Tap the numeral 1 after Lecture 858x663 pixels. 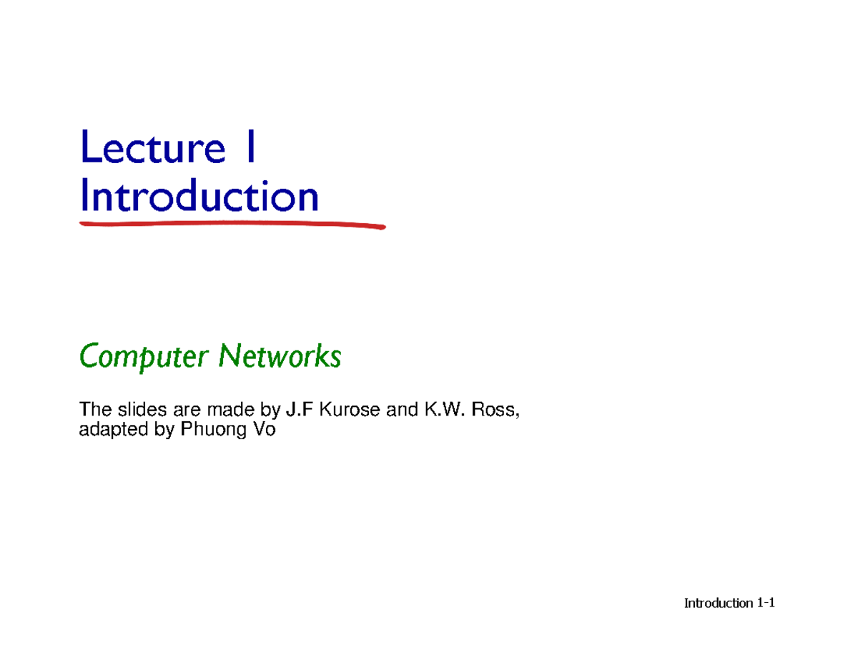251,146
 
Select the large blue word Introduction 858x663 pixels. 199,195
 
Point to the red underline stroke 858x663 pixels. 232,225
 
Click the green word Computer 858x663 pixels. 143,357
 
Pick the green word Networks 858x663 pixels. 280,355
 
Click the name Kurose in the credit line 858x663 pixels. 350,409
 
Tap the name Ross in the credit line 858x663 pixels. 495,410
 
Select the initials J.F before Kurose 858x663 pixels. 300,409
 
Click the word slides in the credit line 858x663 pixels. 142,409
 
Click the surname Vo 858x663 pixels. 264,429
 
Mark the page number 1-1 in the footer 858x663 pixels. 766,603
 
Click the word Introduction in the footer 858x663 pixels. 719,603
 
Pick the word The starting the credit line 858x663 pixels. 96,409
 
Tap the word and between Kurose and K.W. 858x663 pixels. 402,409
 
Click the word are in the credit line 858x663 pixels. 187,411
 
